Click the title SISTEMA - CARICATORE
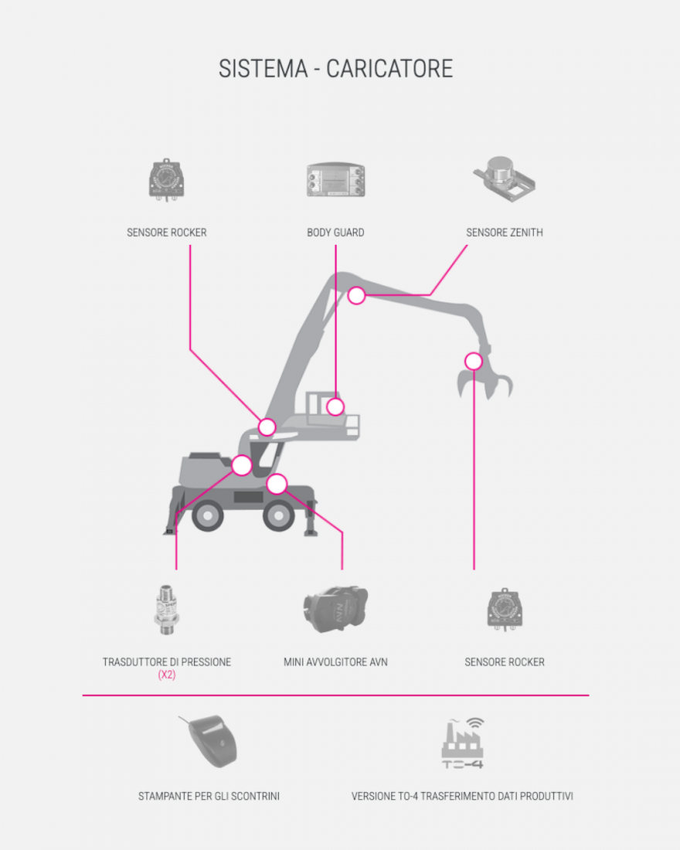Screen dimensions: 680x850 pyautogui.click(x=335, y=69)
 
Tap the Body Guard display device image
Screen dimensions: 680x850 pyautogui.click(x=335, y=180)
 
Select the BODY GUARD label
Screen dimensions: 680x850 pyautogui.click(x=335, y=233)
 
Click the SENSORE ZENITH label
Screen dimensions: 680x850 pyautogui.click(x=505, y=233)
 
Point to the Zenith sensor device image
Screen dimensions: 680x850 pyautogui.click(x=505, y=179)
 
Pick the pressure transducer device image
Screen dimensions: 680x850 pyautogui.click(x=166, y=610)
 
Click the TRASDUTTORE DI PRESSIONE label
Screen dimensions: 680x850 pyautogui.click(x=166, y=662)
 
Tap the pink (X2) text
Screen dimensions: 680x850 pyautogui.click(x=166, y=675)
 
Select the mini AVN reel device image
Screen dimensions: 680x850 pyautogui.click(x=335, y=610)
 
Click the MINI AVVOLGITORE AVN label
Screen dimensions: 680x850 pyautogui.click(x=335, y=662)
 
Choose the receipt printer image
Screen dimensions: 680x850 pyautogui.click(x=209, y=741)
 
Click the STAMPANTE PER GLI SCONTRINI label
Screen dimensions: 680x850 pyautogui.click(x=209, y=797)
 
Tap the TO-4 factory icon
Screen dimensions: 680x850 pyautogui.click(x=463, y=743)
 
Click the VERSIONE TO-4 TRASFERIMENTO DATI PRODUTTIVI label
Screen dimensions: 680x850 pyautogui.click(x=463, y=797)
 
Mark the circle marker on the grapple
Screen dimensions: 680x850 pyautogui.click(x=474, y=361)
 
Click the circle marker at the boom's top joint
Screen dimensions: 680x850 pyautogui.click(x=356, y=295)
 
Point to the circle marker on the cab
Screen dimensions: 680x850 pyautogui.click(x=335, y=406)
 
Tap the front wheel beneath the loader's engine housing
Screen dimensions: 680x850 pyautogui.click(x=208, y=515)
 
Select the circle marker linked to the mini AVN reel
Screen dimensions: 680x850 pyautogui.click(x=277, y=484)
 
